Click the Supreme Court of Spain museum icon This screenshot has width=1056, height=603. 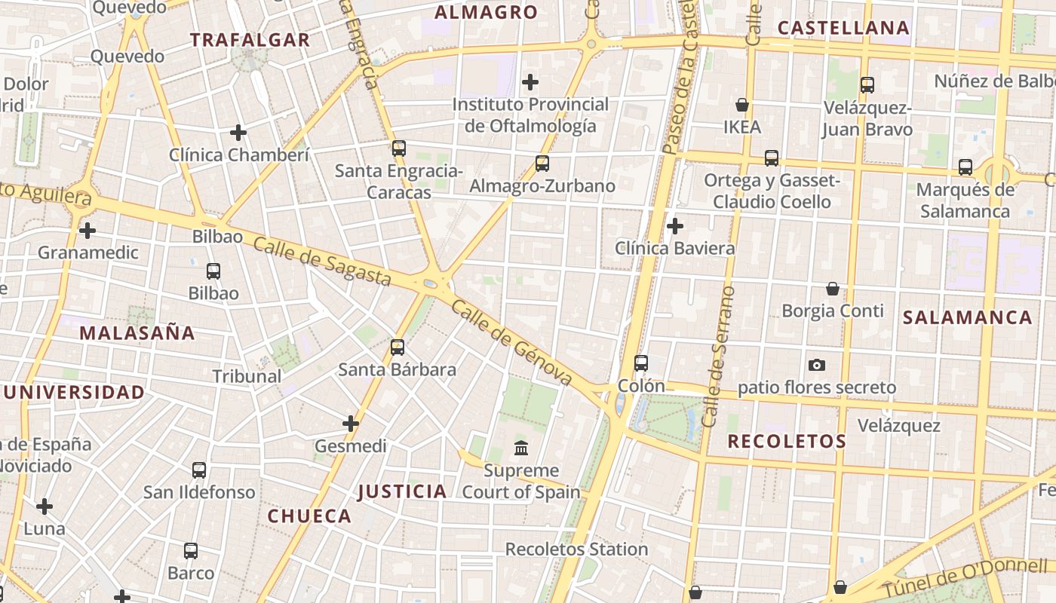click(x=521, y=448)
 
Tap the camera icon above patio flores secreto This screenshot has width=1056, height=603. click(x=816, y=366)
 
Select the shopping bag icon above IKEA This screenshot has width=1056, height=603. click(x=742, y=105)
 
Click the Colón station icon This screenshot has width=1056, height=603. click(x=641, y=363)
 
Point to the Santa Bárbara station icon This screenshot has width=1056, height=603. click(x=398, y=347)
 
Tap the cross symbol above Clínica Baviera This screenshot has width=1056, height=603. click(x=675, y=225)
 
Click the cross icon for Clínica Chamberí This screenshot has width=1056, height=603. click(x=238, y=133)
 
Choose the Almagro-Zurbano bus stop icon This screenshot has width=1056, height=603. click(x=542, y=163)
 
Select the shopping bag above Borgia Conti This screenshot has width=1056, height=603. click(x=833, y=289)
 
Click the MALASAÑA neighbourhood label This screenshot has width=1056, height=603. click(x=137, y=333)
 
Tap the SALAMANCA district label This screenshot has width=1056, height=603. click(x=968, y=317)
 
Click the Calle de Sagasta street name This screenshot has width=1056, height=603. click(x=322, y=262)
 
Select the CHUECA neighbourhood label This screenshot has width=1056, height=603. click(x=309, y=516)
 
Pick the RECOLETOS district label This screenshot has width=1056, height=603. click(x=787, y=442)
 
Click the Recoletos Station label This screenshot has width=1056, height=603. click(x=576, y=549)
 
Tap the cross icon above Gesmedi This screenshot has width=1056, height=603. click(x=351, y=424)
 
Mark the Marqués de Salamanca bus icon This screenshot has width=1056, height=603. click(x=965, y=167)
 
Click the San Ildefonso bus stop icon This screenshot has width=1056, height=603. click(x=199, y=470)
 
